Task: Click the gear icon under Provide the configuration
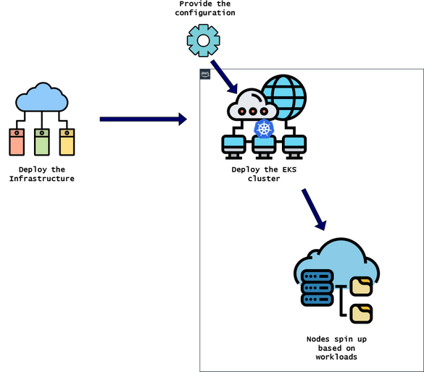tap(203, 41)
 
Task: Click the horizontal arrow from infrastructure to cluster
tap(143, 118)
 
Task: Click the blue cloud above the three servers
tap(42, 100)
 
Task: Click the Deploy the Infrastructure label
tap(41, 174)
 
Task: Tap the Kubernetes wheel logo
tap(263, 130)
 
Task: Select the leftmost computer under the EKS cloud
tap(233, 147)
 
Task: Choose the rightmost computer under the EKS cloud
tap(295, 147)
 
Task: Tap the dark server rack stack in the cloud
tap(315, 287)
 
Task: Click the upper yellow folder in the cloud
tap(360, 286)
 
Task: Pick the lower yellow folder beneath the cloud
tap(360, 313)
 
